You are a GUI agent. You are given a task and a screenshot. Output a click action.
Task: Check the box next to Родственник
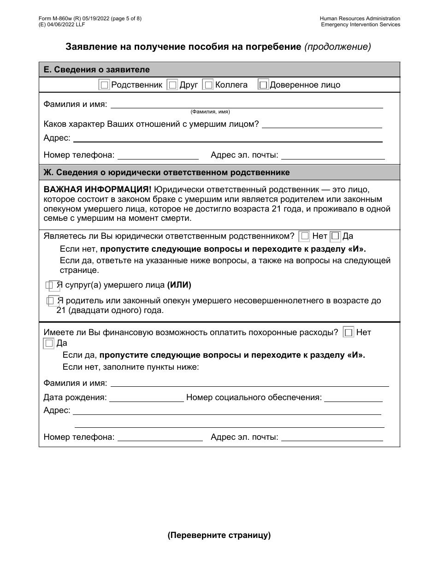[104, 85]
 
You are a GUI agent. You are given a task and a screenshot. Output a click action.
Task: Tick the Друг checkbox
[172, 85]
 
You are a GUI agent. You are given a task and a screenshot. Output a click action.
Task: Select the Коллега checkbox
[208, 85]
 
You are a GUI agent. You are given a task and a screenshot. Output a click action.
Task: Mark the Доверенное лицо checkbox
[263, 85]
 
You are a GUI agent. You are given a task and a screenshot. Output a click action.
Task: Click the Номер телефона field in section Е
[158, 155]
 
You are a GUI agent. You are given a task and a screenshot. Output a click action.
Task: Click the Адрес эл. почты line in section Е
[332, 155]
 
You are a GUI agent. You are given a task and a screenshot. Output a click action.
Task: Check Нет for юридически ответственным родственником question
[304, 236]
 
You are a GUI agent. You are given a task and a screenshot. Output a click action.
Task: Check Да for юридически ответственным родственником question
[335, 236]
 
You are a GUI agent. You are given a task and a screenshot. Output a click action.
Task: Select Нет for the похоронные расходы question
[349, 332]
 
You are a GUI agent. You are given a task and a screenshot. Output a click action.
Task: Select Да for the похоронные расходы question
[49, 343]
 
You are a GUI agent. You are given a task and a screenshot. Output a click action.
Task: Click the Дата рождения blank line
[146, 398]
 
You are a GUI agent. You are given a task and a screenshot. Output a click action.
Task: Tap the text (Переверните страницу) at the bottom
[219, 535]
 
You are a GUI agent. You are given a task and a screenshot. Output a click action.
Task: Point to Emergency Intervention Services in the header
[361, 24]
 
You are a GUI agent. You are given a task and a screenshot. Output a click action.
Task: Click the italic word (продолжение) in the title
[337, 47]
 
